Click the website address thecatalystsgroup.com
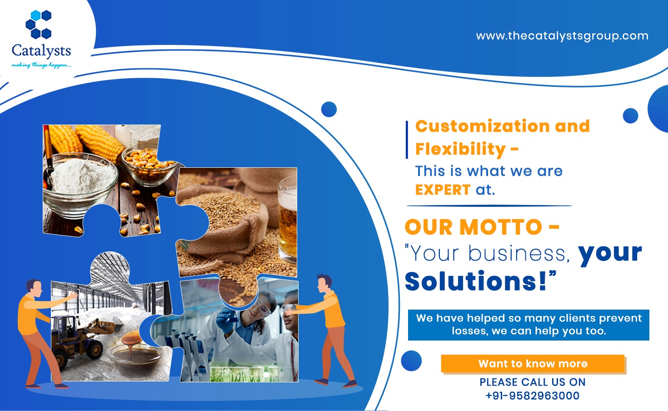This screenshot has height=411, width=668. coord(562,36)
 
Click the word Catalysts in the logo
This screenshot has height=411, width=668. coord(41,50)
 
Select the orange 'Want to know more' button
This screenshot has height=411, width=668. coord(533,364)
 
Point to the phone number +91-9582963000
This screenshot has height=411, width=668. coord(533,396)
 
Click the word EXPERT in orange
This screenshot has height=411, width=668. coord(443,190)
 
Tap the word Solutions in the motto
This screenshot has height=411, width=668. coord(475,281)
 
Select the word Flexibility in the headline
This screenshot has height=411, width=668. coord(460,149)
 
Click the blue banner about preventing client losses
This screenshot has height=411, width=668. coord(528,325)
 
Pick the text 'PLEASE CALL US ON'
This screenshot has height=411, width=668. coord(533,382)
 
